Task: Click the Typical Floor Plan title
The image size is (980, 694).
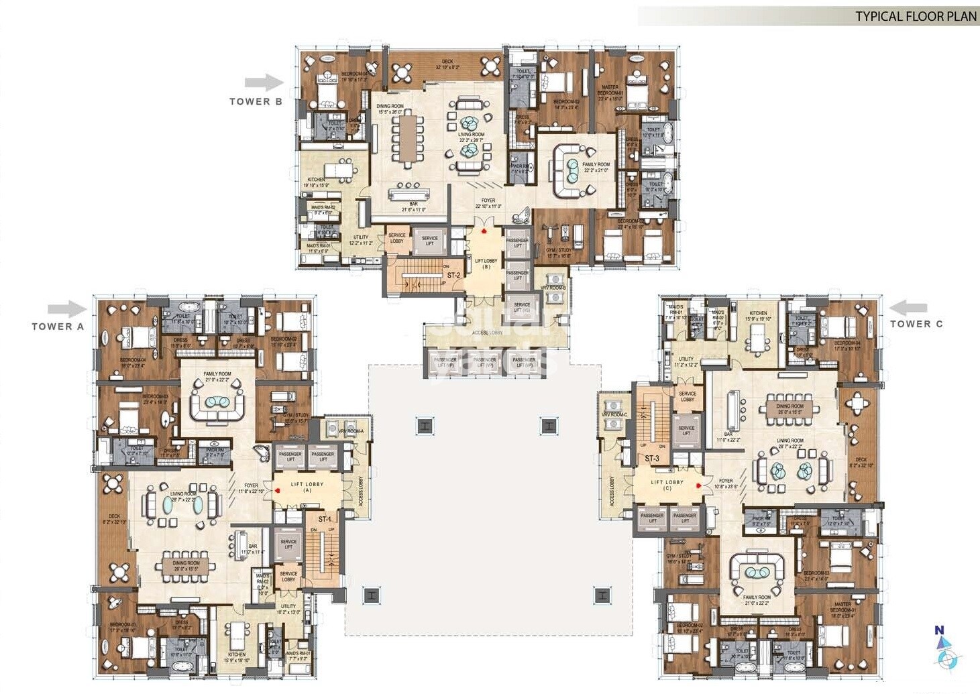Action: point(915,16)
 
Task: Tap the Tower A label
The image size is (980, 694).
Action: point(58,327)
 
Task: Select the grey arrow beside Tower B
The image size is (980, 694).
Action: point(264,82)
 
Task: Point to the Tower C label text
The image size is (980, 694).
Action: point(916,324)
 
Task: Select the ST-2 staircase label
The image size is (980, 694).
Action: point(454,276)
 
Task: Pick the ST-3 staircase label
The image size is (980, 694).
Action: point(652,459)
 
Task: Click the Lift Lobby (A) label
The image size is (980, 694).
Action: point(307,487)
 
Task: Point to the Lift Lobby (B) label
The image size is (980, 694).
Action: point(486,264)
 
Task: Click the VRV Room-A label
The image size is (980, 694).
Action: point(351,431)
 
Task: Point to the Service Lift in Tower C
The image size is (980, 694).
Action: point(686,430)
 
